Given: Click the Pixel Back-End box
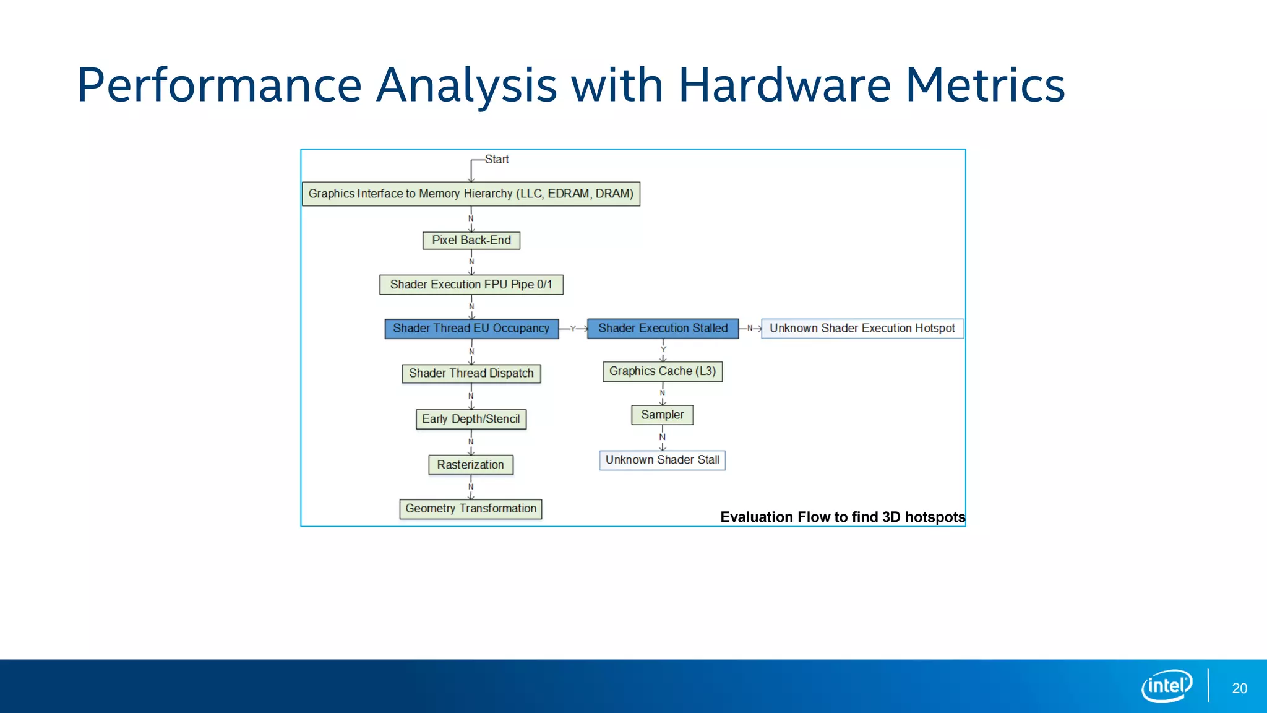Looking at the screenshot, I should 471,240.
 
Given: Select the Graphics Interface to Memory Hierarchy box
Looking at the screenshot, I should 471,194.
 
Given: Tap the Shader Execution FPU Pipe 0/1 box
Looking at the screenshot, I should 471,285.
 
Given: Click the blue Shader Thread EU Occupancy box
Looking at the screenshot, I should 471,329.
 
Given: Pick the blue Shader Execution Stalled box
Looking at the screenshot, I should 663,329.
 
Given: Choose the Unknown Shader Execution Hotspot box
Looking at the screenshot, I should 862,329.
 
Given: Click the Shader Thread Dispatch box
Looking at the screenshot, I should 471,373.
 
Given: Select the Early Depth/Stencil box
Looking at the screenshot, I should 471,419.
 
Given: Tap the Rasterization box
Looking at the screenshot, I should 471,465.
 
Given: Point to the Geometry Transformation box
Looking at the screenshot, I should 471,509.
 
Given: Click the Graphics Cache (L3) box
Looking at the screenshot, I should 663,371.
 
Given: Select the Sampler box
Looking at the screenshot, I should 663,415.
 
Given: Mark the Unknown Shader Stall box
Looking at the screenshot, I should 663,460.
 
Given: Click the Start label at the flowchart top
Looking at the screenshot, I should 497,160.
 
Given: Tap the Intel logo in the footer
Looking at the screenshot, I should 1167,686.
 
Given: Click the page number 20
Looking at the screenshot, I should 1239,688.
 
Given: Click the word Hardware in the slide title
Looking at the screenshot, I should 784,85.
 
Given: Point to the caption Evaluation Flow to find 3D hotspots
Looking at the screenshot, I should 843,517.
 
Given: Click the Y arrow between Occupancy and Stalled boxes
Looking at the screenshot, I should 573,329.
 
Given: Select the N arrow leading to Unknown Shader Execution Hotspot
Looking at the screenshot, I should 750,329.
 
